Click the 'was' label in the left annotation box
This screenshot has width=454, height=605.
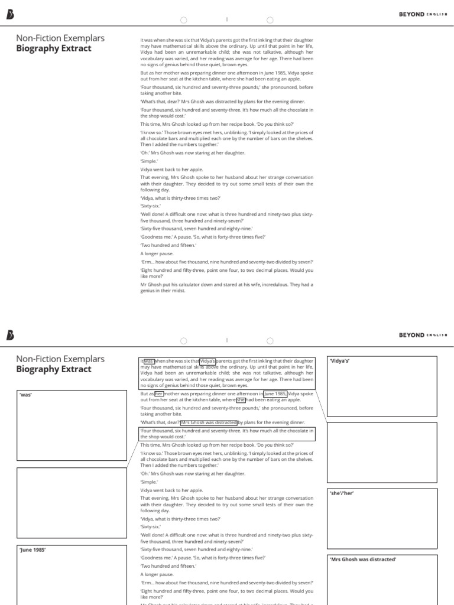click(x=25, y=395)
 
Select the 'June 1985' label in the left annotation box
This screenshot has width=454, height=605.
click(x=33, y=550)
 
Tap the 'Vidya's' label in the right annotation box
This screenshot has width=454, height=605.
click(x=340, y=361)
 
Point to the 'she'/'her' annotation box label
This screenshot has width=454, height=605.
click(x=342, y=493)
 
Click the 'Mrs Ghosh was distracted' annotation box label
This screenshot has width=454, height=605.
click(x=362, y=559)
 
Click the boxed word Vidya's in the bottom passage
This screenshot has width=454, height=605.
click(x=208, y=361)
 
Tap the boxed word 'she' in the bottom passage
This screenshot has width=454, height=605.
click(x=241, y=400)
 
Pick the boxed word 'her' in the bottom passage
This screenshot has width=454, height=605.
click(x=159, y=393)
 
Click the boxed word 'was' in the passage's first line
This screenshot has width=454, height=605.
click(x=148, y=361)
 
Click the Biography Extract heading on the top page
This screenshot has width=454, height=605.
click(x=54, y=48)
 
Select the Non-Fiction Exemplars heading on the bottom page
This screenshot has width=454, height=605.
click(x=60, y=359)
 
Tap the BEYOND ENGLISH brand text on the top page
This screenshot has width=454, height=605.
click(x=423, y=14)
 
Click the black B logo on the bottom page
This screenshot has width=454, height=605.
click(x=10, y=335)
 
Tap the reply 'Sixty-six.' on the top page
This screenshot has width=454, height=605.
click(x=151, y=206)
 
